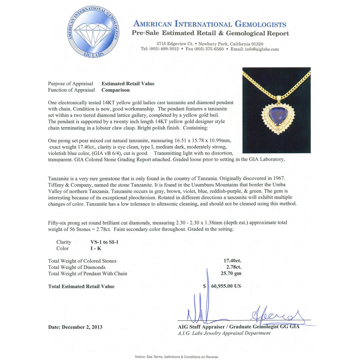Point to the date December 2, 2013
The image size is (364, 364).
coord(75,327)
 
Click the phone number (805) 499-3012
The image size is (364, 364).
coord(164,49)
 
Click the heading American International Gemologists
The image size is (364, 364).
coord(210,24)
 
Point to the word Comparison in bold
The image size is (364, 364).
coord(116,90)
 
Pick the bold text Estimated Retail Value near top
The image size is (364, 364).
coord(128,84)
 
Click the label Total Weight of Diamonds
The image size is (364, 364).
coord(77,267)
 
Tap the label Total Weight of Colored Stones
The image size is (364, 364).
coord(82,261)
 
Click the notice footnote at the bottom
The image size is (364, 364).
coord(177,357)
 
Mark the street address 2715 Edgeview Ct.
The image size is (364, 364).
coord(175,44)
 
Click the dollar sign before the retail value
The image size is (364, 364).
coord(204,286)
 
